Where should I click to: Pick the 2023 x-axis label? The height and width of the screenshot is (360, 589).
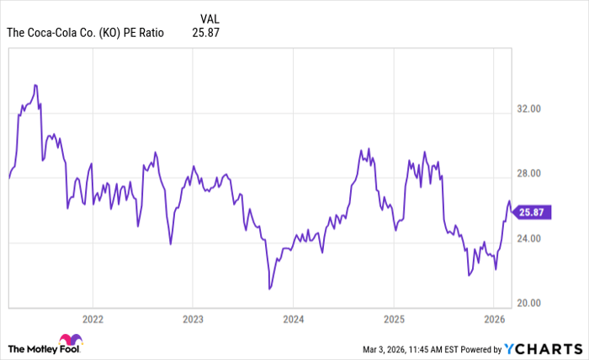tap(193, 320)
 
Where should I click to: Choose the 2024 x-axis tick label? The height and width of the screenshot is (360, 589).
tap(293, 320)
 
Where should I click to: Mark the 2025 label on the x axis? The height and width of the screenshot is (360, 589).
tap(394, 320)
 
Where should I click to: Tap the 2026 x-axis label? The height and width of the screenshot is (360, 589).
tap(495, 320)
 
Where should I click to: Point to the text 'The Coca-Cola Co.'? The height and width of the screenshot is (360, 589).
tap(51, 34)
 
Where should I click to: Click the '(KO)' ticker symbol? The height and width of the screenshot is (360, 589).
tap(113, 34)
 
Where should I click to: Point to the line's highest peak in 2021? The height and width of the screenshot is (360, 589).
tap(35, 85)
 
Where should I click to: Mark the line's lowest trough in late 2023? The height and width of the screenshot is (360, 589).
tap(269, 289)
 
